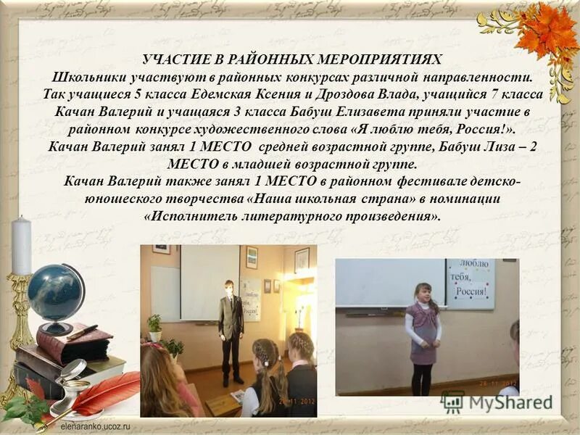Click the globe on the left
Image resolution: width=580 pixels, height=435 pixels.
click(56, 292)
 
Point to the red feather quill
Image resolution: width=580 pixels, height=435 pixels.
click(101, 395)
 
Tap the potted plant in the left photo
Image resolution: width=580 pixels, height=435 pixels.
click(154, 328)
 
